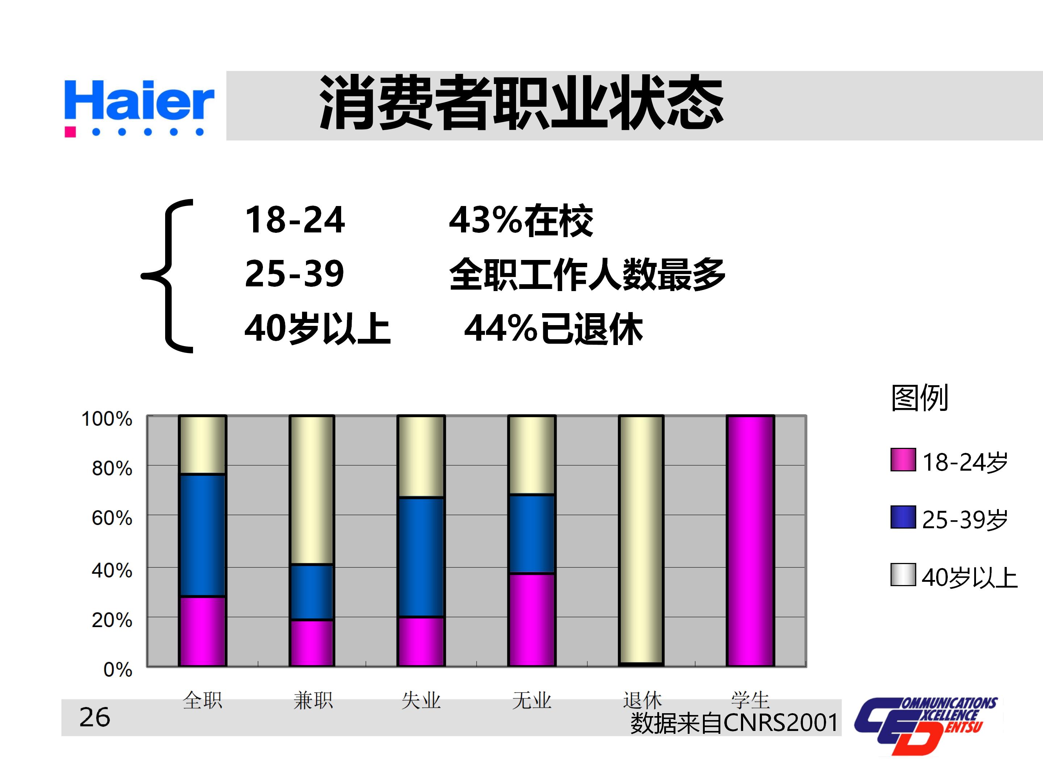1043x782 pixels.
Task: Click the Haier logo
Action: click(139, 108)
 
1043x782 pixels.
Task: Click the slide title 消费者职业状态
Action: click(521, 103)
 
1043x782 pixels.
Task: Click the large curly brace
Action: click(168, 276)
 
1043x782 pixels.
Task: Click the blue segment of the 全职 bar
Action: click(202, 535)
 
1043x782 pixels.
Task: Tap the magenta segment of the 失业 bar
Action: click(420, 641)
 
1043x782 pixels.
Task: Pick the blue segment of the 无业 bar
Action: click(531, 534)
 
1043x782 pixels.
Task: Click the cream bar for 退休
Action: click(641, 540)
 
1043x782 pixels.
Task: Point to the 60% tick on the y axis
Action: click(112, 518)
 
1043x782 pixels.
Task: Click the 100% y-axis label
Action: click(107, 419)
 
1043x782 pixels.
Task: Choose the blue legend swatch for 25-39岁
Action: click(903, 517)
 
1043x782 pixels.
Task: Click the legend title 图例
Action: click(920, 398)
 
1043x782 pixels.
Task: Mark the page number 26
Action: click(95, 718)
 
